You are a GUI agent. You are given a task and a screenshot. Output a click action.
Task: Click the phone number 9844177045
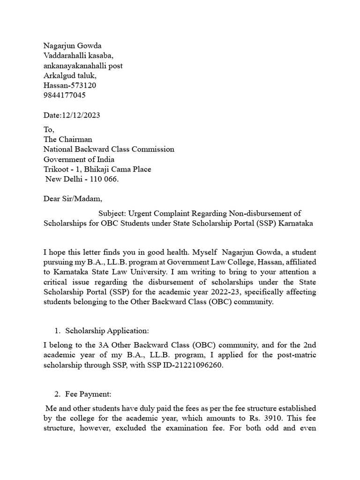tap(65, 95)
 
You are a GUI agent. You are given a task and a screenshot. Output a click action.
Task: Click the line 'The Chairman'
tap(68, 139)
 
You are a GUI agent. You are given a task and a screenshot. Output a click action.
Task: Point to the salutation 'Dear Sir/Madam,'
tap(72, 199)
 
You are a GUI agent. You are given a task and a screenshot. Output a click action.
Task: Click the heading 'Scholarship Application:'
tap(107, 331)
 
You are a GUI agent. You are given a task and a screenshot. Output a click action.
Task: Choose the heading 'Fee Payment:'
tap(89, 394)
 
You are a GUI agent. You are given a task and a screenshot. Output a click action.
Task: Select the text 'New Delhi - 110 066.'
tap(82, 179)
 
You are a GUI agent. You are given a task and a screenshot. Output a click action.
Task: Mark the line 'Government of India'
tap(79, 159)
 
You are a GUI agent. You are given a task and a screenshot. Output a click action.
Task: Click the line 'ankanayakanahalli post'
tap(83, 66)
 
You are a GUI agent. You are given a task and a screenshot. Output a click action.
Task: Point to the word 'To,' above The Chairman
tap(49, 129)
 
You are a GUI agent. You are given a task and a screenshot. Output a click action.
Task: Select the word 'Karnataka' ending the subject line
tap(296, 224)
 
